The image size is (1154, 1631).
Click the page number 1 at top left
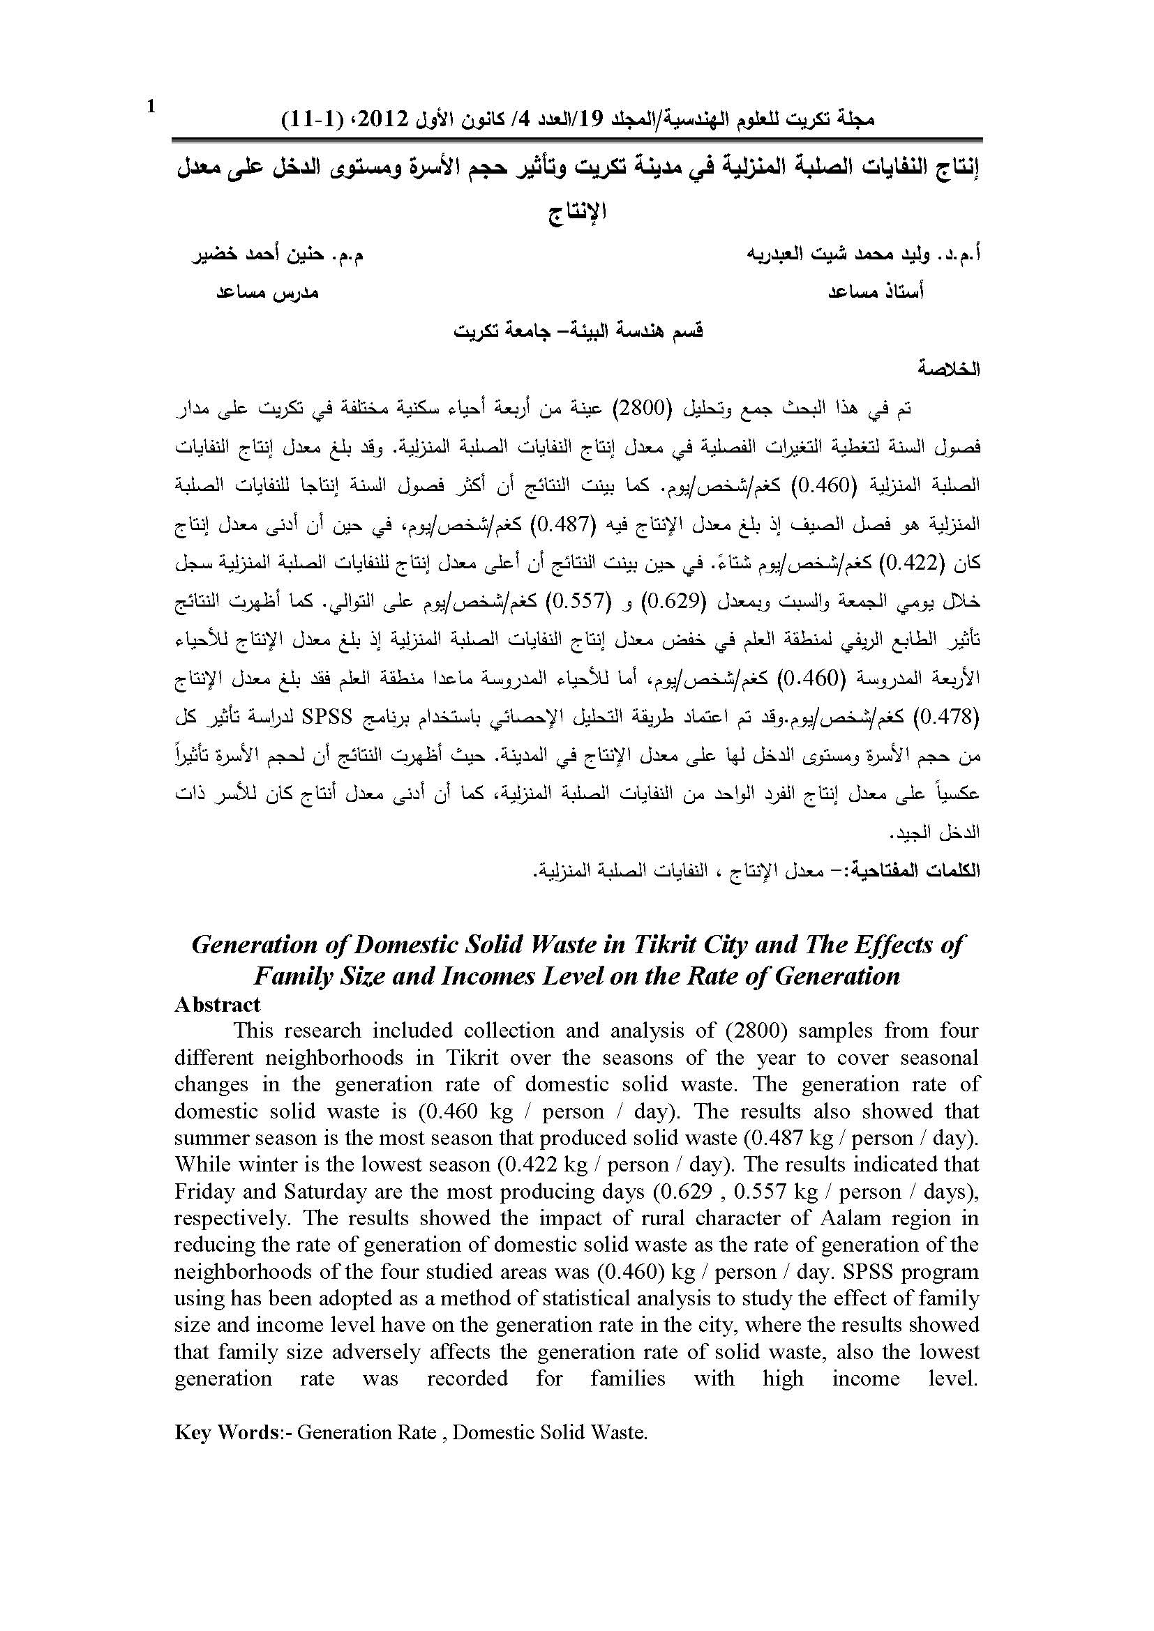coord(150,107)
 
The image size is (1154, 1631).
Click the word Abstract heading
coord(218,1003)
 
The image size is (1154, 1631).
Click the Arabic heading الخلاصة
coord(949,370)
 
